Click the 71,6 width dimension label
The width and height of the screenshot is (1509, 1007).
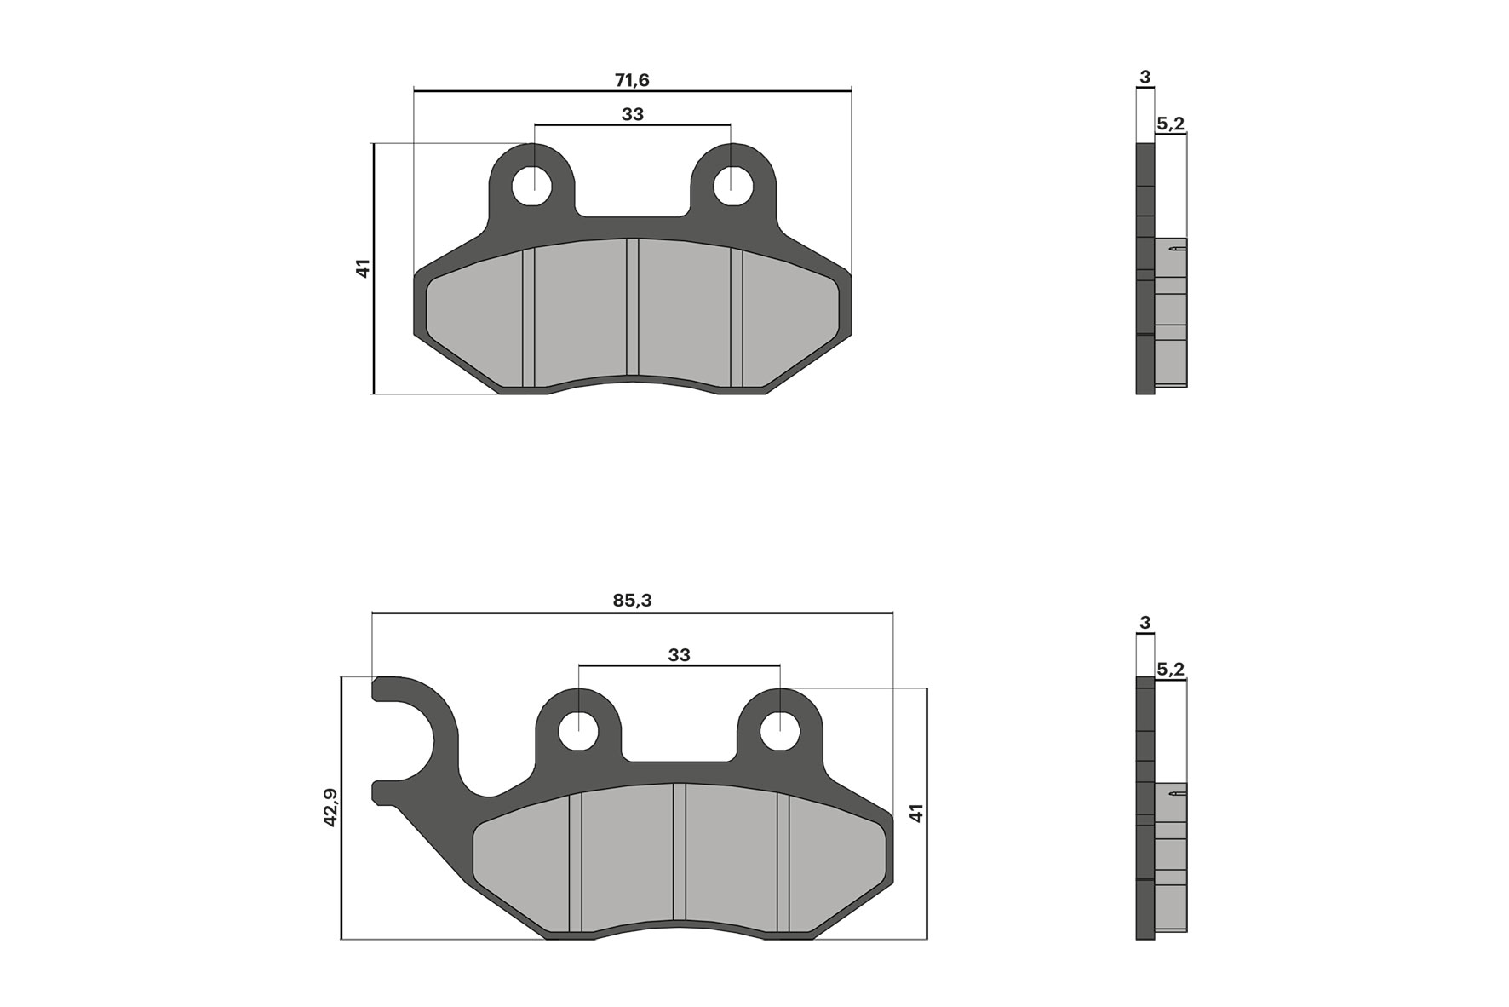pyautogui.click(x=632, y=80)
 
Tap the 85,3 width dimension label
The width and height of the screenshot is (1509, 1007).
pyautogui.click(x=632, y=600)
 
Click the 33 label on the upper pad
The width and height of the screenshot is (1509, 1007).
pyautogui.click(x=632, y=114)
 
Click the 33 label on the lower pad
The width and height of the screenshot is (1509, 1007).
pyautogui.click(x=679, y=655)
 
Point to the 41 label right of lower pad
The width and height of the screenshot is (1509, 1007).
pyautogui.click(x=916, y=812)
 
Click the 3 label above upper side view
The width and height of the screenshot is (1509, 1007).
pyautogui.click(x=1145, y=78)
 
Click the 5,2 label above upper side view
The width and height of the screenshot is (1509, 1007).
pyautogui.click(x=1170, y=124)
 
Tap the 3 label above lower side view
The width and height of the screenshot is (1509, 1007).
pyautogui.click(x=1145, y=623)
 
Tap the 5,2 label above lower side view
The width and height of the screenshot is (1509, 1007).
pyautogui.click(x=1170, y=670)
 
